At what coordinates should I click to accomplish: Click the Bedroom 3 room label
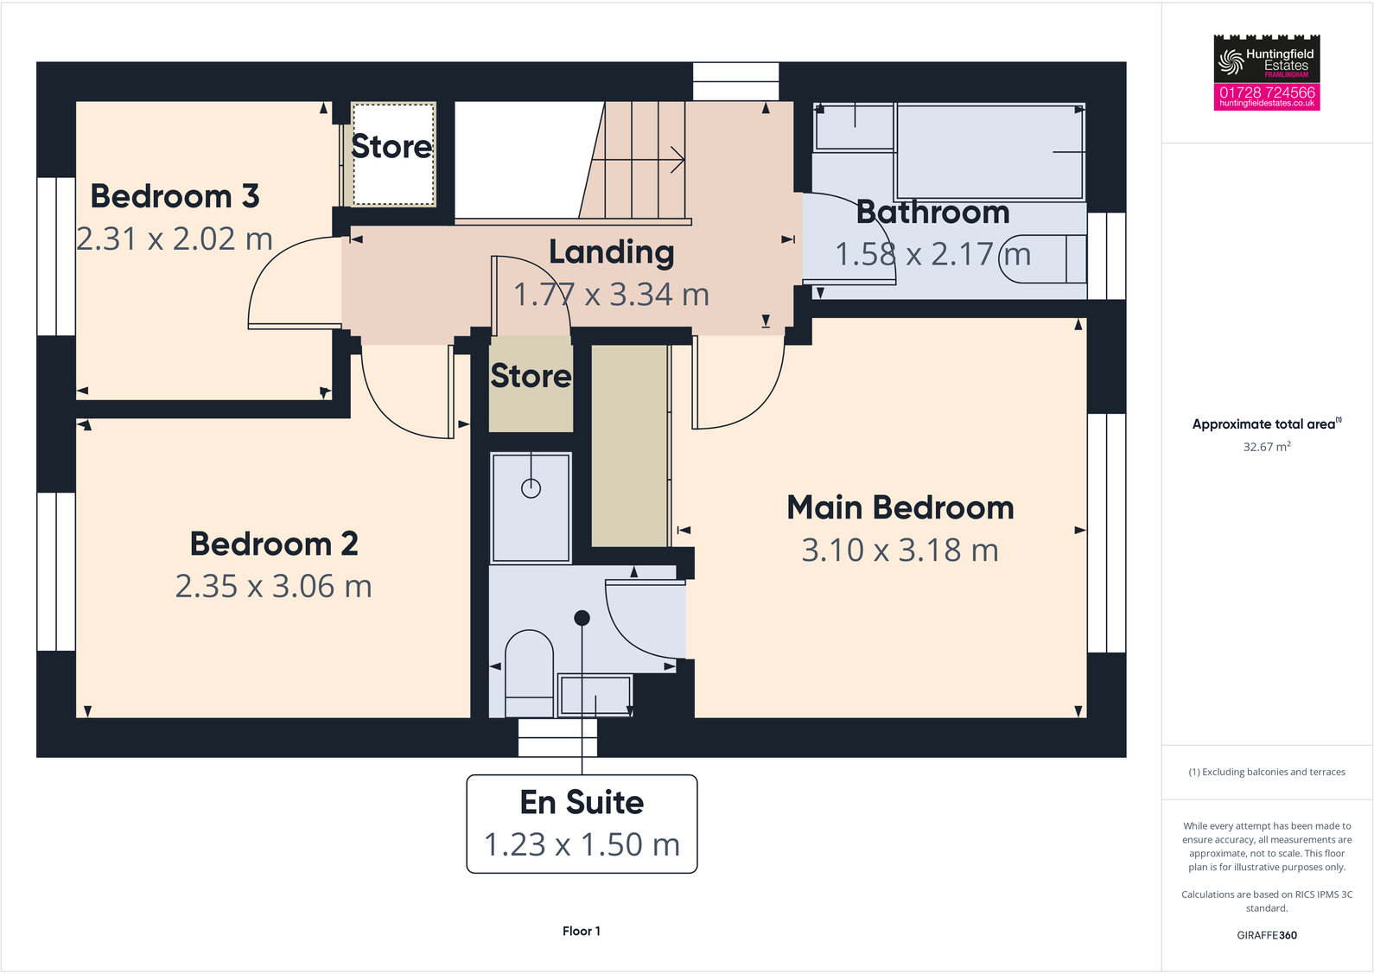[x=175, y=197]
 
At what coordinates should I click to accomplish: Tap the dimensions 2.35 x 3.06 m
[x=273, y=587]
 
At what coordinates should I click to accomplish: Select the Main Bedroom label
[x=900, y=508]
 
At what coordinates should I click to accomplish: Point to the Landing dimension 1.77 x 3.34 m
[x=611, y=296]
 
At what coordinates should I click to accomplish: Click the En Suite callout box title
[x=582, y=803]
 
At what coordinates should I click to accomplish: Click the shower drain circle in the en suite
[x=531, y=488]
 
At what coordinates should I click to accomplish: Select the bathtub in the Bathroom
[x=989, y=152]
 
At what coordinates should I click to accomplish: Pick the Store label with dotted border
[x=391, y=147]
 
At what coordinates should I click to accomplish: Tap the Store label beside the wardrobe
[x=531, y=376]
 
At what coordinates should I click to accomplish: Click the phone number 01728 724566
[x=1267, y=92]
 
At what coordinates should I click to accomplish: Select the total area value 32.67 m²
[x=1267, y=447]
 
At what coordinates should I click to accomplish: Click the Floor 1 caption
[x=581, y=931]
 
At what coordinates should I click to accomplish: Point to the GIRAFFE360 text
[x=1267, y=935]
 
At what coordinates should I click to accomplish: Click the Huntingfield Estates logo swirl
[x=1231, y=61]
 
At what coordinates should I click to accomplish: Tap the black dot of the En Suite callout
[x=582, y=618]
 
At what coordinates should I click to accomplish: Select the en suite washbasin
[x=595, y=696]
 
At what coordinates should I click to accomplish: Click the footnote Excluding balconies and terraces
[x=1267, y=772]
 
